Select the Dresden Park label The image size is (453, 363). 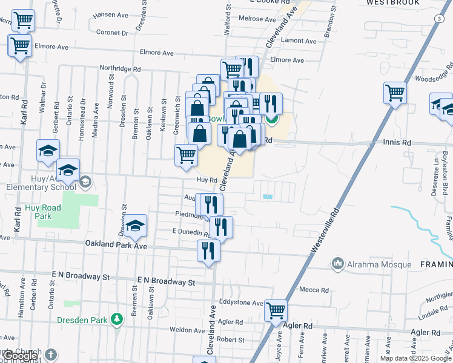click(x=82, y=320)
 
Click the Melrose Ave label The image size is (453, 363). click(x=257, y=19)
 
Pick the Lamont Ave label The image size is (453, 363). click(x=299, y=41)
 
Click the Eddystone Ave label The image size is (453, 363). click(x=242, y=302)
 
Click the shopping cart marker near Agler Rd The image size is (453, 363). click(x=276, y=311)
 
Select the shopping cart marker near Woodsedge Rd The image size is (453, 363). click(x=395, y=93)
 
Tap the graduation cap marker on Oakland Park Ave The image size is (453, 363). click(x=136, y=226)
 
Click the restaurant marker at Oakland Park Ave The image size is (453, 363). click(x=208, y=250)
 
